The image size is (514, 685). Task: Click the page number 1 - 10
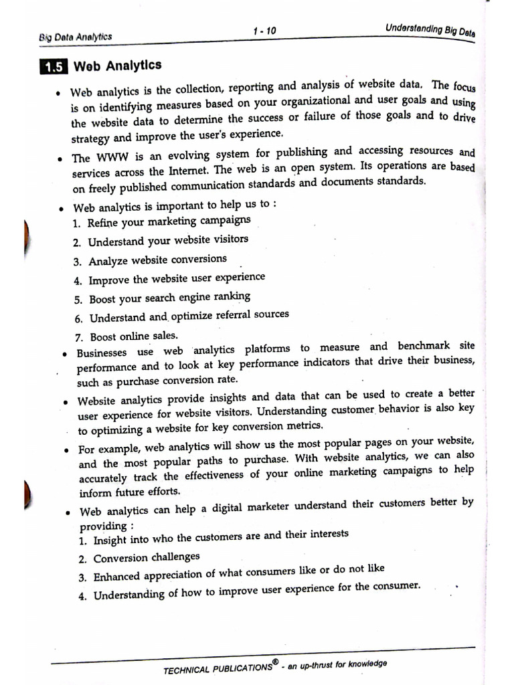click(x=264, y=31)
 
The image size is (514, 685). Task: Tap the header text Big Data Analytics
click(x=76, y=37)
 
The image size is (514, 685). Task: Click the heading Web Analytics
click(x=117, y=66)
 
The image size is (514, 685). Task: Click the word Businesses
click(x=101, y=353)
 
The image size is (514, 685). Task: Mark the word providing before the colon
click(x=102, y=526)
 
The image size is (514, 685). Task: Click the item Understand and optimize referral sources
click(x=189, y=316)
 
